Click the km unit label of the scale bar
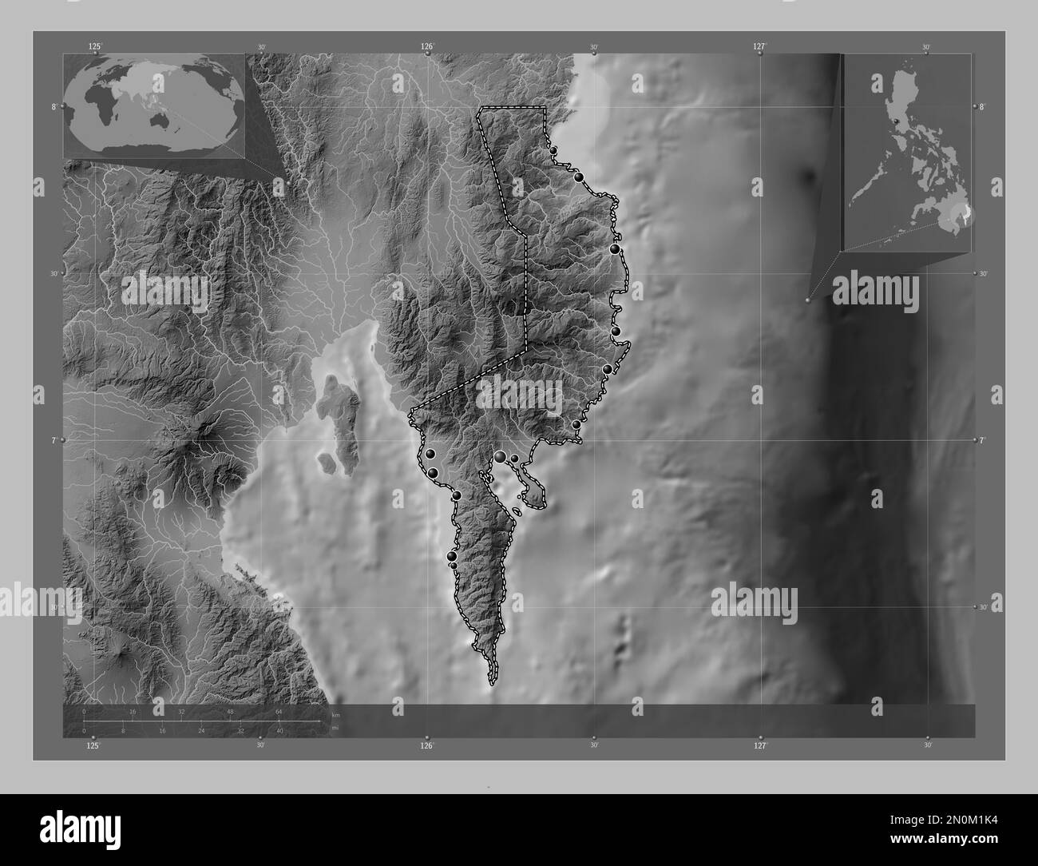point(335,715)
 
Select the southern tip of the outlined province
point(491,683)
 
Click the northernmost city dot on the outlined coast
point(553,149)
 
